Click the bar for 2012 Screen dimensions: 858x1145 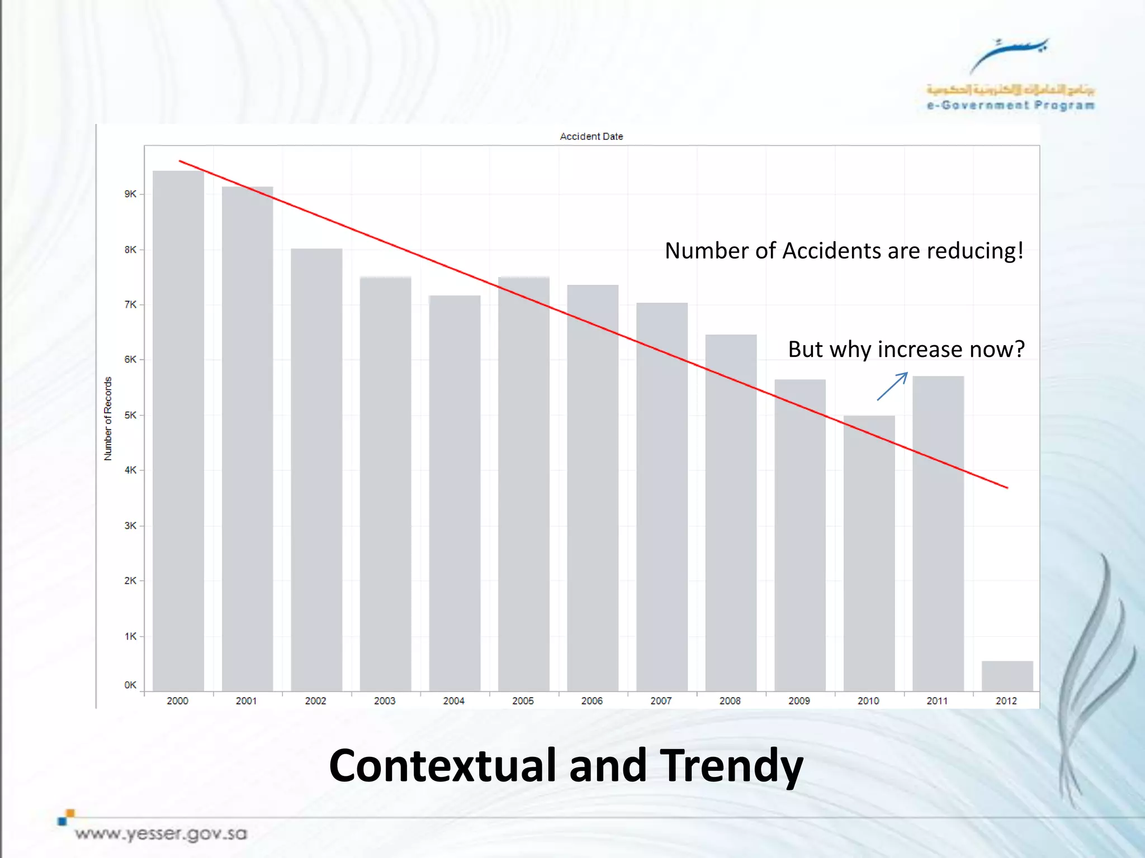1007,676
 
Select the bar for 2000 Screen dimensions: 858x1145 178,430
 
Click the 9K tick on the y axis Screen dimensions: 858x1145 130,194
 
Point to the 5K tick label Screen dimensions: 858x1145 130,415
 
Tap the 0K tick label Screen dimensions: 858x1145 130,685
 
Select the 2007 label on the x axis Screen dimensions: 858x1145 661,701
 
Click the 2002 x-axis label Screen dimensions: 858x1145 315,701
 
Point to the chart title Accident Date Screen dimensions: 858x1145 592,136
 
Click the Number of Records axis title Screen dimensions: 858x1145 108,418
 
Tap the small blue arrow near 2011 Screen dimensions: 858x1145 892,386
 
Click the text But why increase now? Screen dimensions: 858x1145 906,349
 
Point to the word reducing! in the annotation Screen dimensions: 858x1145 975,251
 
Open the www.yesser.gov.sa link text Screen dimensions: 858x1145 161,834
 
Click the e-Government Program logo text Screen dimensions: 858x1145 1010,105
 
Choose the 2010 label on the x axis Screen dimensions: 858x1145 868,701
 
